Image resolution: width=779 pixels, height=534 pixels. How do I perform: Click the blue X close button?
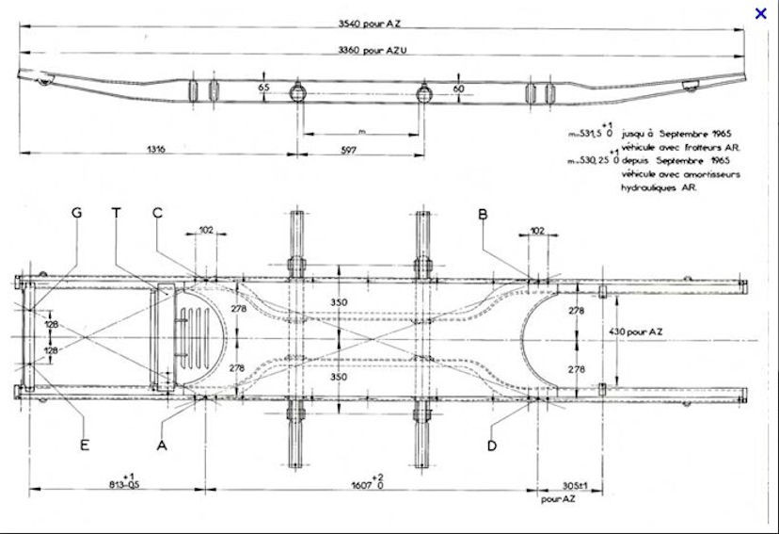click(761, 13)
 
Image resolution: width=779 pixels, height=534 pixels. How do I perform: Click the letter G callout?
click(77, 214)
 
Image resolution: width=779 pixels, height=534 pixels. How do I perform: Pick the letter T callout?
click(117, 214)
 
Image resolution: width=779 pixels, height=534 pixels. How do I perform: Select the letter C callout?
click(158, 214)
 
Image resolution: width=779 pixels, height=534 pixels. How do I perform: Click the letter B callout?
click(483, 215)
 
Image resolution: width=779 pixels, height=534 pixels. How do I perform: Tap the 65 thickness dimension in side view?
click(263, 87)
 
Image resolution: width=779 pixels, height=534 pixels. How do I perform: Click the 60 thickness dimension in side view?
click(458, 88)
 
